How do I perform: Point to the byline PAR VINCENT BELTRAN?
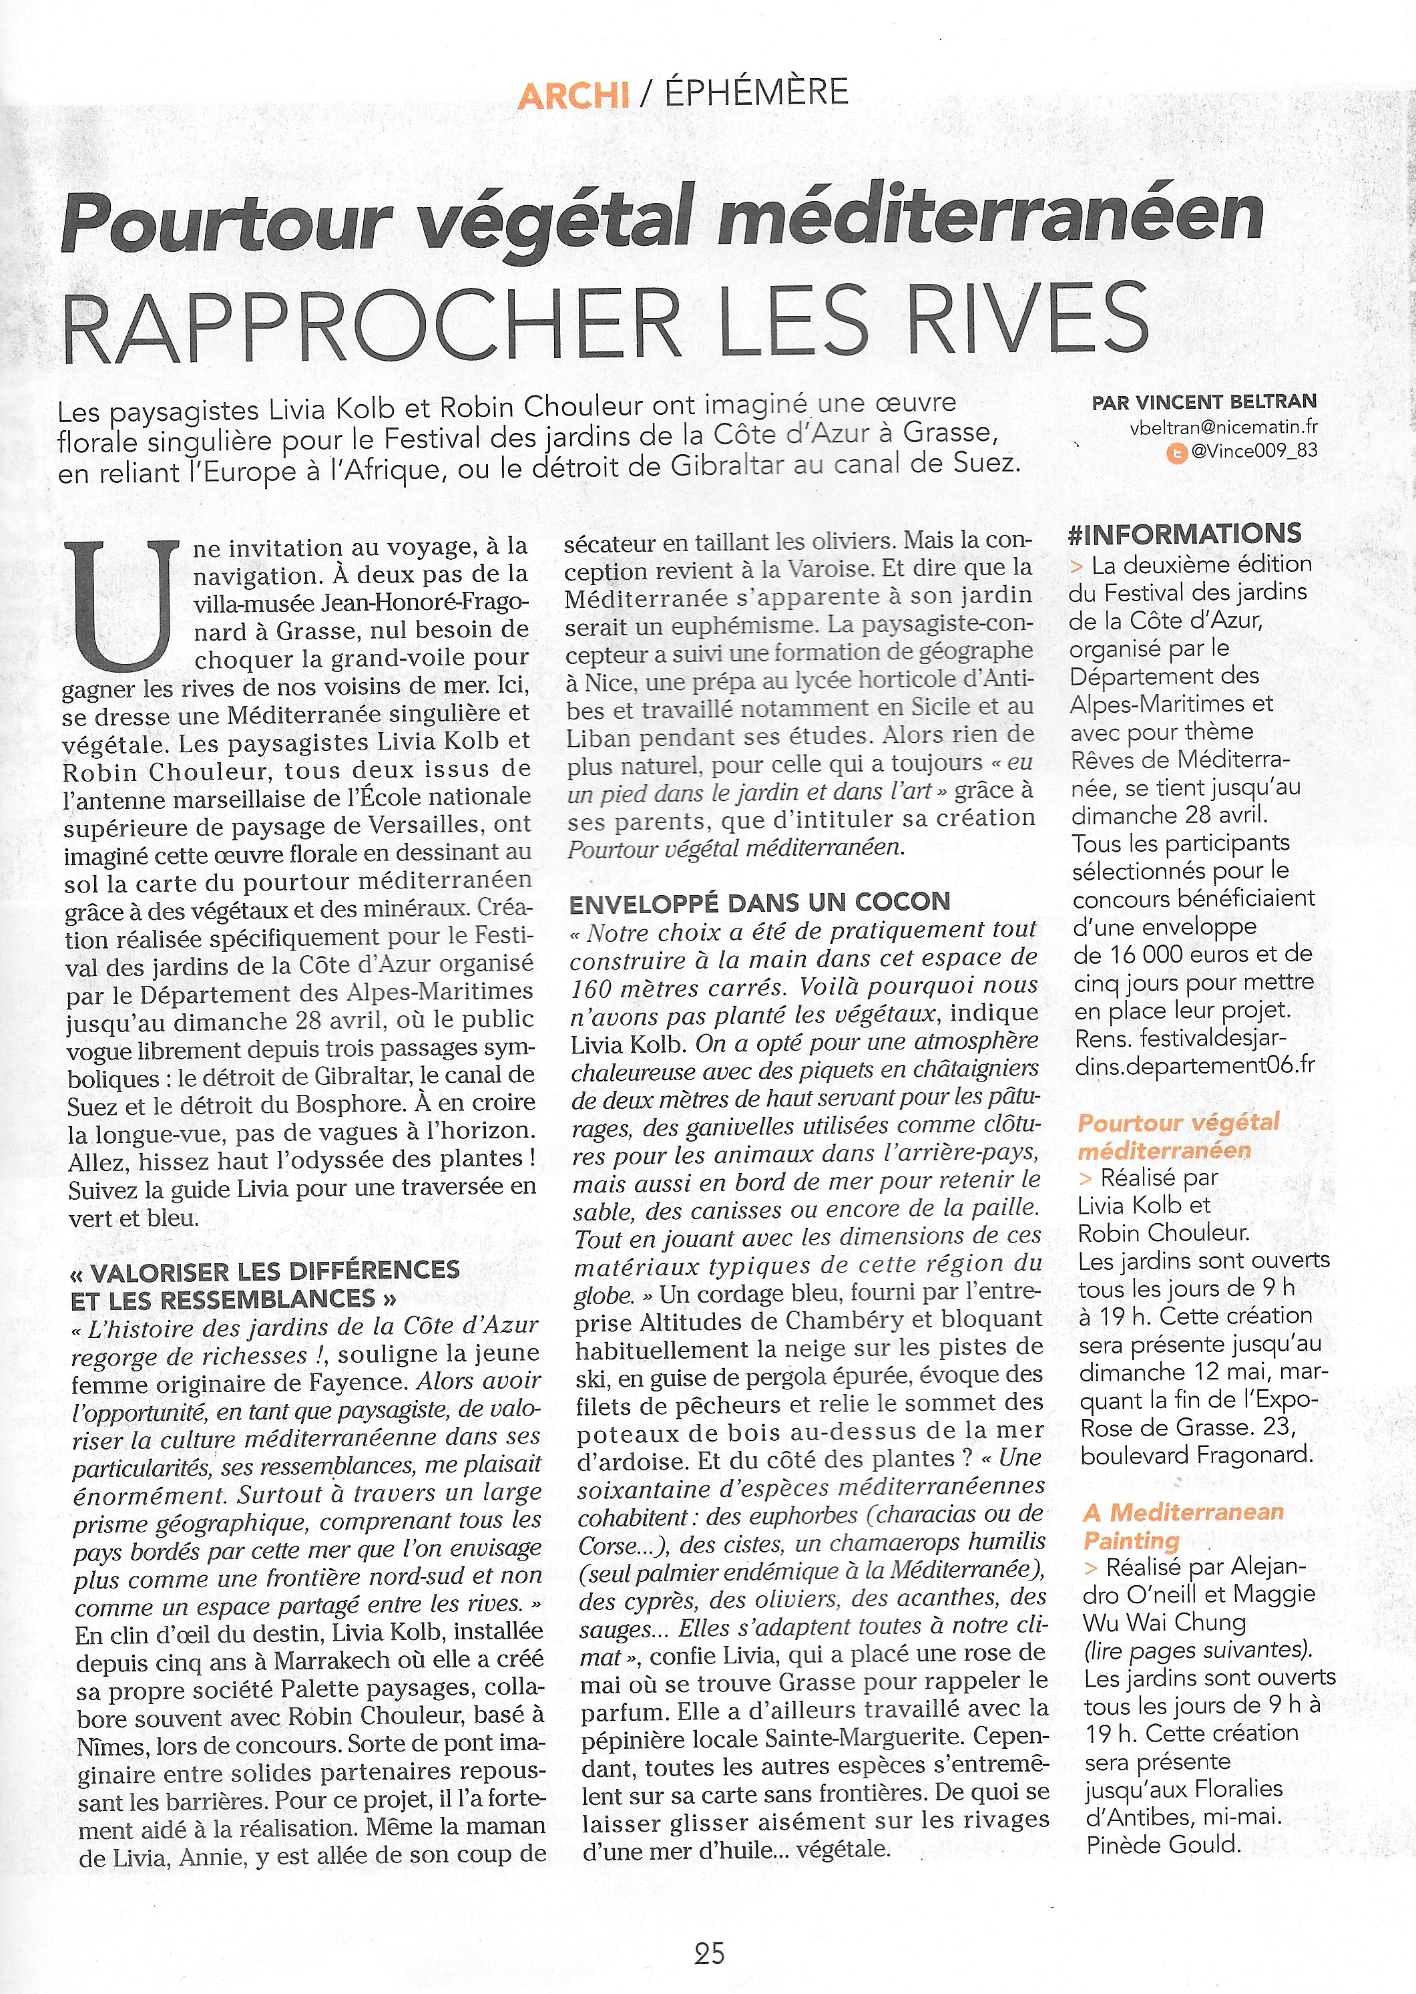point(1204,403)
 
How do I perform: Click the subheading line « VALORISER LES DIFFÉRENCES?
point(265,1269)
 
